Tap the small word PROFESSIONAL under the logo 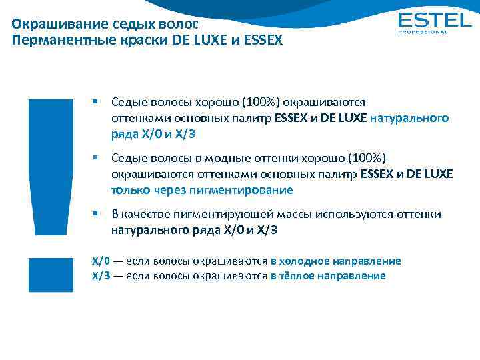click(x=423, y=31)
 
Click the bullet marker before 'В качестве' click(x=96, y=214)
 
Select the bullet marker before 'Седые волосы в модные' click(x=96, y=158)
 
